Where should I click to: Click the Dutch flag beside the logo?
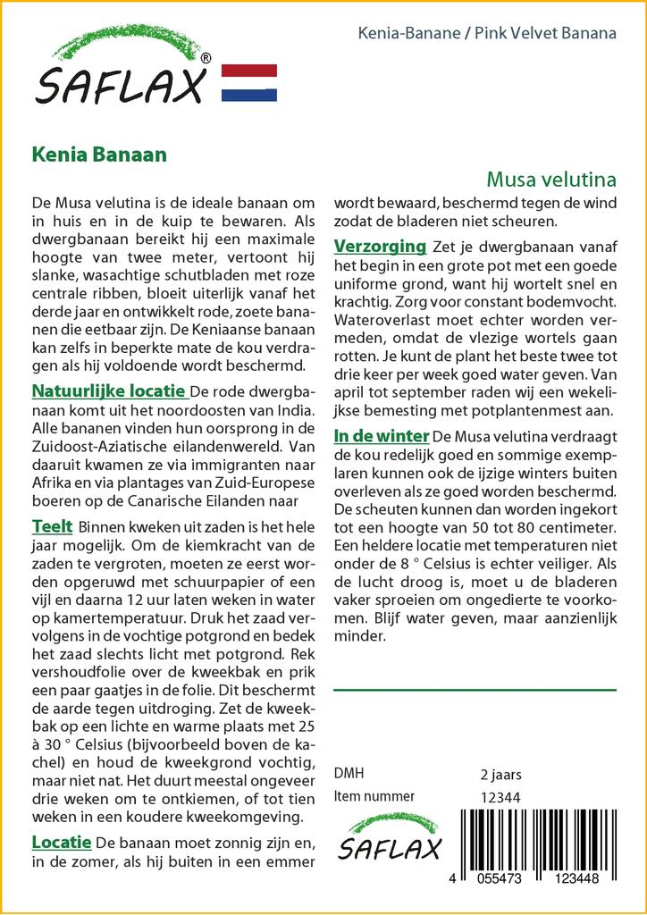[x=248, y=83]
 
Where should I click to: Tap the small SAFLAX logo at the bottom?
[x=390, y=839]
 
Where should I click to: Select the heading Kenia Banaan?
[x=98, y=154]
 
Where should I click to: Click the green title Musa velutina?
[x=551, y=179]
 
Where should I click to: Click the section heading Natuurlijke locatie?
[x=109, y=391]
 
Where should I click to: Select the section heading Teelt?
[x=52, y=525]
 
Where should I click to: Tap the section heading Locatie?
[x=62, y=842]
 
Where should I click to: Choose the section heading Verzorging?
[x=380, y=246]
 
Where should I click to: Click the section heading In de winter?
[x=382, y=436]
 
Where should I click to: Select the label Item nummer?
[x=374, y=796]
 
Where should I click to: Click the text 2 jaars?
[x=500, y=774]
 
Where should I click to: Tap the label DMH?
[x=349, y=774]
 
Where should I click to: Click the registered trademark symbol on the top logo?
[x=206, y=59]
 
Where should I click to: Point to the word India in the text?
[x=294, y=411]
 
